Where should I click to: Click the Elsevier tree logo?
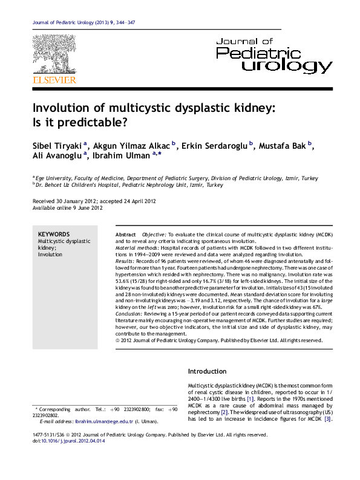point(54,54)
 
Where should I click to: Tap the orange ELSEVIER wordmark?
point(54,79)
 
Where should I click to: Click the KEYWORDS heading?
point(54,234)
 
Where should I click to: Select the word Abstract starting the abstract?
point(125,235)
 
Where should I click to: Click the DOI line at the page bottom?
point(59,441)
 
